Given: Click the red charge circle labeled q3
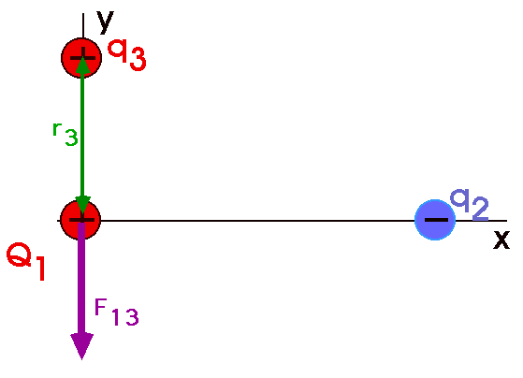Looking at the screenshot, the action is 81,58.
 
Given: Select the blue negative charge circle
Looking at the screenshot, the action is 435,220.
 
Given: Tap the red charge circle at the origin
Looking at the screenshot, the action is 80,220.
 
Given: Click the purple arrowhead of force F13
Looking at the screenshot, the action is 81,346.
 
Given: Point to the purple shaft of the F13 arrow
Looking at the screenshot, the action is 81,278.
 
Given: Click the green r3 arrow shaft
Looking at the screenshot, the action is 82,135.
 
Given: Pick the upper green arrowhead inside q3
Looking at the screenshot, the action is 82,65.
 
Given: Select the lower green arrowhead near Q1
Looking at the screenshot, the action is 82,205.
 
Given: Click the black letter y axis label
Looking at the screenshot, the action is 106,22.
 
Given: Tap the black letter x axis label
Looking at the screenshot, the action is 501,240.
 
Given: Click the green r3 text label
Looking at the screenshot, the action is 65,134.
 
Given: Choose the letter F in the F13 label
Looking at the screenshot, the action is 101,307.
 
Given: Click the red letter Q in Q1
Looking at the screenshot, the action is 19,254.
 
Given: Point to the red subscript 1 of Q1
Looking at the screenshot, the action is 40,269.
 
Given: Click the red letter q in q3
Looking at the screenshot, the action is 118,51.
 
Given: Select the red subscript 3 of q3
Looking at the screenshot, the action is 138,59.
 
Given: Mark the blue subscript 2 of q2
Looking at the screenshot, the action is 481,209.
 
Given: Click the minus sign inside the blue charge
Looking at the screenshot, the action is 436,220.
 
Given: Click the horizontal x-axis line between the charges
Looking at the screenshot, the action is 257,221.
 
